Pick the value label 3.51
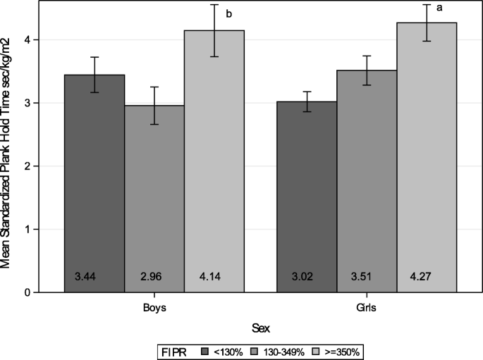tap(366, 276)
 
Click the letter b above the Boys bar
tap(248, 13)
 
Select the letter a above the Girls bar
tap(460, 8)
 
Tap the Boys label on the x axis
tap(154, 308)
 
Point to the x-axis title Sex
tap(260, 328)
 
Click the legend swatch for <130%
tap(204, 349)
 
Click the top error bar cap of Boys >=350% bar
tap(214, 4)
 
